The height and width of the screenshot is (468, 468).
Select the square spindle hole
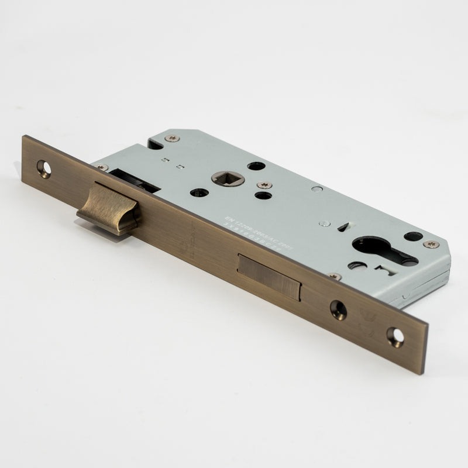point(228,178)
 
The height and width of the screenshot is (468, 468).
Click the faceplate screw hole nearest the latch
point(44,168)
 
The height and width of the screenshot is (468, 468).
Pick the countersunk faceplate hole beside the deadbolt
point(338,309)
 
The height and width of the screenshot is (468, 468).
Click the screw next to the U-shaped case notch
point(171,139)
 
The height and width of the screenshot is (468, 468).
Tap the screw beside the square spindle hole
point(264,185)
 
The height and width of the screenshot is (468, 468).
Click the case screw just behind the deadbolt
point(335,276)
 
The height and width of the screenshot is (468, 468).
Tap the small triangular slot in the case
point(341,226)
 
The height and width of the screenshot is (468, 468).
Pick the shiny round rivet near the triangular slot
point(322,223)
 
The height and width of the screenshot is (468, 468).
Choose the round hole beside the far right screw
point(413,236)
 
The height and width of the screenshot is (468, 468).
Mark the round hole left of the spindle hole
point(199,192)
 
